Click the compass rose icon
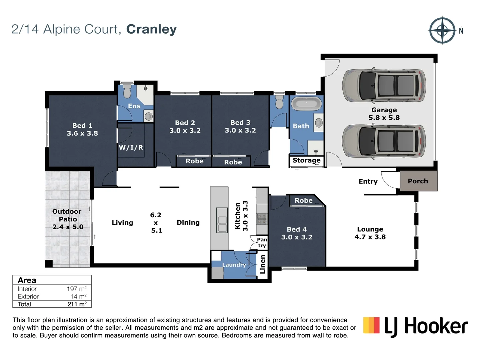[x=442, y=30]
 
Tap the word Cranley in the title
[x=151, y=29]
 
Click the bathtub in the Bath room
[x=306, y=104]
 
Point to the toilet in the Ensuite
[x=127, y=91]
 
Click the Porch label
[x=418, y=181]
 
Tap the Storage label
[x=306, y=160]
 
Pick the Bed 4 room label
[x=297, y=229]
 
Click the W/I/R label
[x=131, y=147]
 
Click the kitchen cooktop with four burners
[x=262, y=219]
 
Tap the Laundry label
[x=234, y=265]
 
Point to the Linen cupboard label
[x=263, y=264]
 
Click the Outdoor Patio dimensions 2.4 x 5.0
[x=68, y=227]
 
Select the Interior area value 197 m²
[x=77, y=289]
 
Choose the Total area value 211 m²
[x=77, y=304]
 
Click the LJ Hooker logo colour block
[x=371, y=325]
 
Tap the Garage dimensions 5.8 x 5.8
[x=384, y=118]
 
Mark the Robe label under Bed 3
[x=233, y=162]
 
